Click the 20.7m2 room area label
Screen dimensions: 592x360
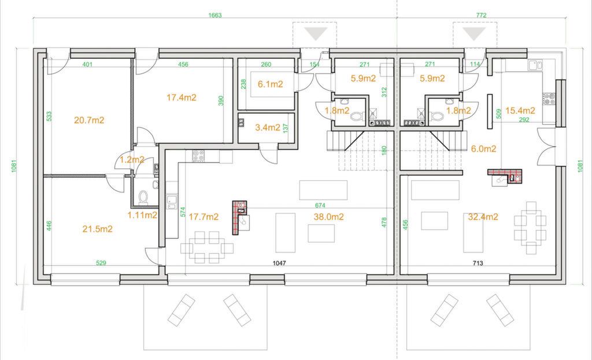89,120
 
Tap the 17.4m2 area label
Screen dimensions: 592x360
182,98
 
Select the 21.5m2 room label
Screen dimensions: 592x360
97,229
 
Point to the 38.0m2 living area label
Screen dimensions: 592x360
328,217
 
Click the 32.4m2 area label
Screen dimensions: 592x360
483,217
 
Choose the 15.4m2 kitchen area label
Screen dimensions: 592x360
520,110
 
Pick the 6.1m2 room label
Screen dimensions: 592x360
271,84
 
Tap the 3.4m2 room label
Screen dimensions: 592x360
268,128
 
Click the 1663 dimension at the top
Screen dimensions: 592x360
215,16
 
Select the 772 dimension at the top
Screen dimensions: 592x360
482,16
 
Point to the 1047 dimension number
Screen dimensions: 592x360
279,263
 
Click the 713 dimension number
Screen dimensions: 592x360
478,263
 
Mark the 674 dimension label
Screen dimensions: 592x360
320,205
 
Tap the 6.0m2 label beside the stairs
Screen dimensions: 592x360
484,149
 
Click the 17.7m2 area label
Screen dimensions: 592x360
203,217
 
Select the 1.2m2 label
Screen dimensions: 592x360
132,159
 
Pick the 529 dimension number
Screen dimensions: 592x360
101,263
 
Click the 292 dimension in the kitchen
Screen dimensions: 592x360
524,120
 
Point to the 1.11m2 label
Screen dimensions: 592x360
142,216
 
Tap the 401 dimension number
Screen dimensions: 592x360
87,65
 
